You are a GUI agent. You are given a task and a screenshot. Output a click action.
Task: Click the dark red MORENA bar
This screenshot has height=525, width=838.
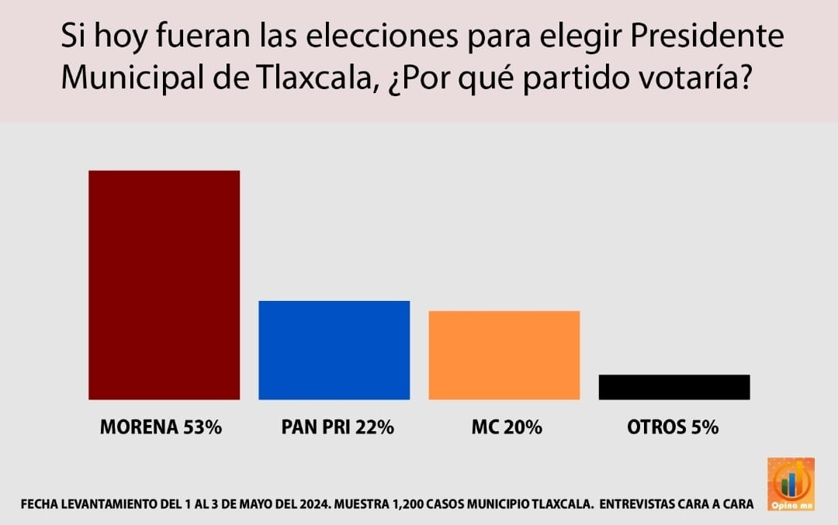[x=164, y=285]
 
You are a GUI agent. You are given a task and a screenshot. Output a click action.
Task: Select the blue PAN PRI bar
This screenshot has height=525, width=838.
[x=334, y=350]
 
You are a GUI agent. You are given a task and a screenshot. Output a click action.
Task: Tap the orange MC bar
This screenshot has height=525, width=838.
[x=504, y=355]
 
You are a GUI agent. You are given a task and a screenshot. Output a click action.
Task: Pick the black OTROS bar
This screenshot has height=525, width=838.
[x=674, y=387]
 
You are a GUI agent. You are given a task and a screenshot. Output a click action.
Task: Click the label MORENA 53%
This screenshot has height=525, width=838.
[x=161, y=427]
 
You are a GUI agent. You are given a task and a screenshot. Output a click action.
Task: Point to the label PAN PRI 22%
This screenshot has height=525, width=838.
[x=338, y=427]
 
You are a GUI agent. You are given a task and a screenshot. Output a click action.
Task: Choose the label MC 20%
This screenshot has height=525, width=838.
[x=506, y=427]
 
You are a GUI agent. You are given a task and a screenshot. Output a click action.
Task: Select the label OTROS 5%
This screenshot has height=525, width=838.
[x=673, y=427]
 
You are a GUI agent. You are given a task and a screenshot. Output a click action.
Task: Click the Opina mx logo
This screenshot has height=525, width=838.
[x=790, y=484]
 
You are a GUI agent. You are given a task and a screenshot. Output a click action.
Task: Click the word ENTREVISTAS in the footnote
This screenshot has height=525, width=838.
[x=644, y=503]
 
